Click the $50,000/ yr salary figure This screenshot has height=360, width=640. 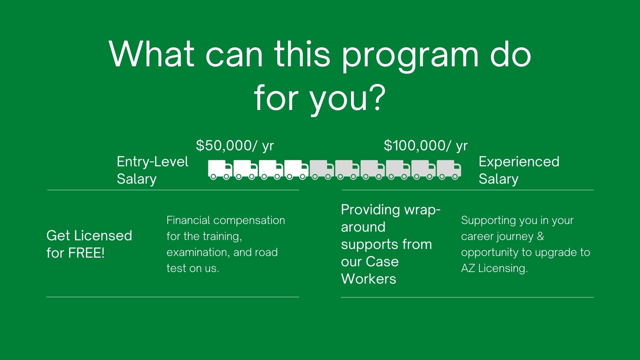coord(235,146)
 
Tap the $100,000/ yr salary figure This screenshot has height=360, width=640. coord(426,146)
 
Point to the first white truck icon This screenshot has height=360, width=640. coord(220,170)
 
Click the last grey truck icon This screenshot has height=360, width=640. coord(449,170)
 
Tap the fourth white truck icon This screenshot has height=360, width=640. coord(296,170)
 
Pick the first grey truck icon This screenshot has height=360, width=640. coord(322,170)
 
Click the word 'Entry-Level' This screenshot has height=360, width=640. coord(152,162)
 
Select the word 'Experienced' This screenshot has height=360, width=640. coord(519,162)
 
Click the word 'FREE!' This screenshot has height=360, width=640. coord(86,253)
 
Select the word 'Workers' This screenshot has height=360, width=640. coord(369,279)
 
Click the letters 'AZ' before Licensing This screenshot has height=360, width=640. coord(468,268)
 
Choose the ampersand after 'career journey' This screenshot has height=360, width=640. coord(540,236)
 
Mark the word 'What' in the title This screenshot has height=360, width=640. coord(152,54)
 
